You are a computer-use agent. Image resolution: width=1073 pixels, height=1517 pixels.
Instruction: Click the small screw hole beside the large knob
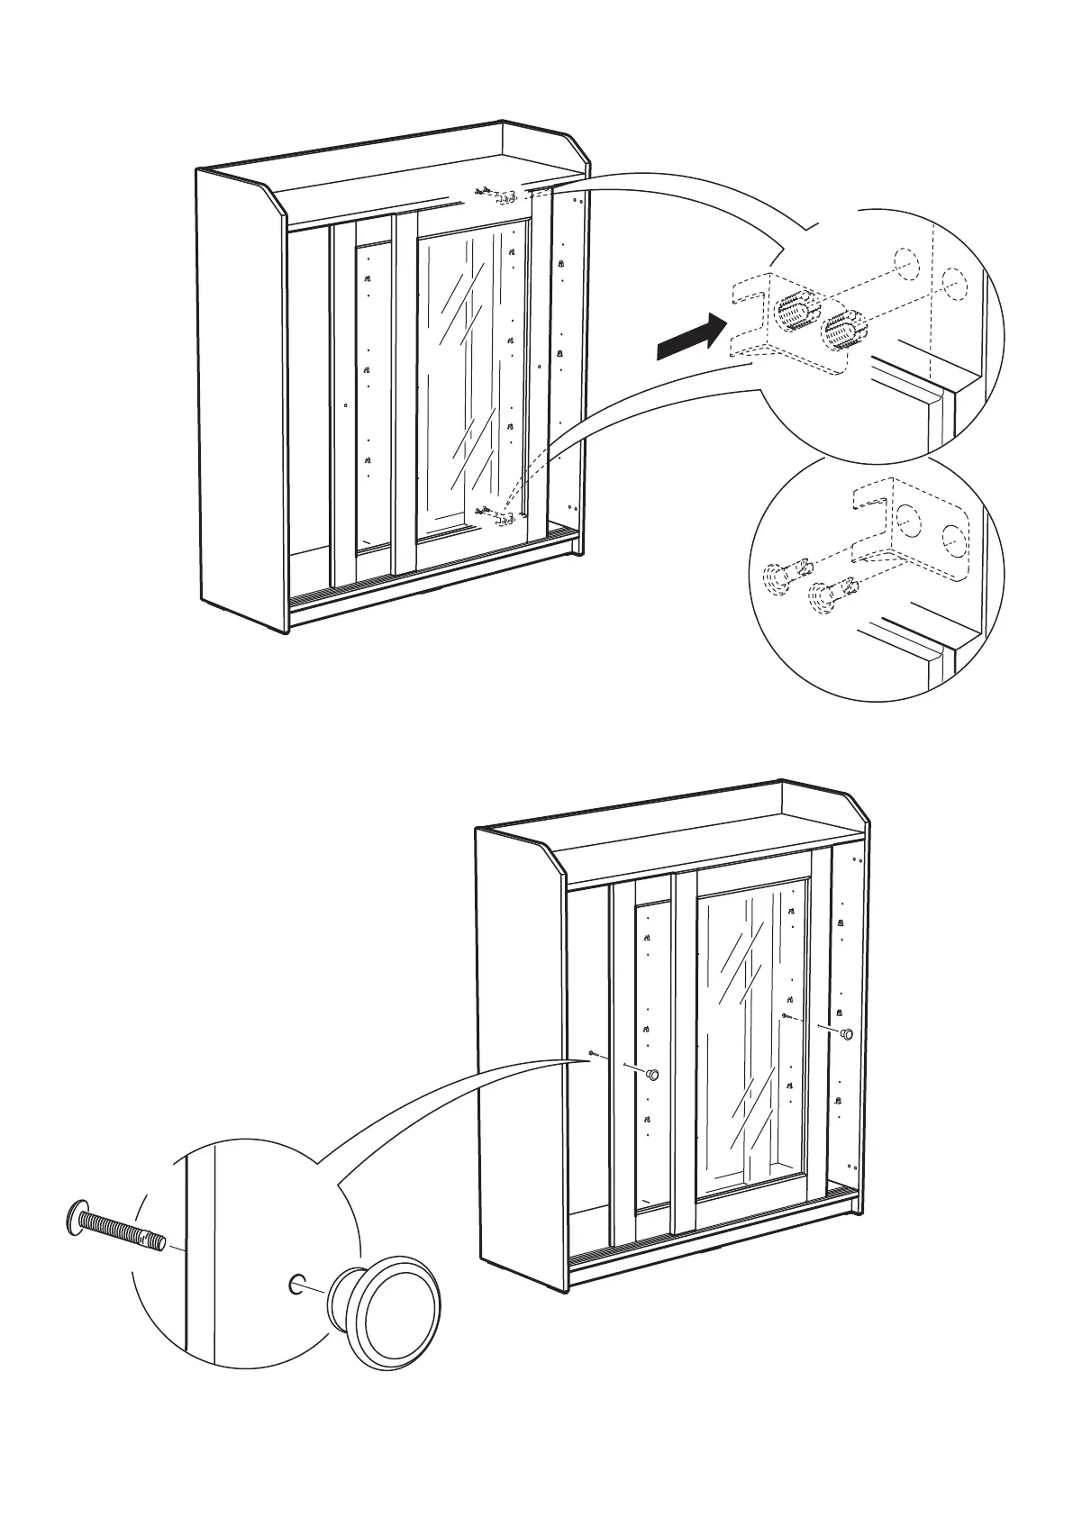[296, 1284]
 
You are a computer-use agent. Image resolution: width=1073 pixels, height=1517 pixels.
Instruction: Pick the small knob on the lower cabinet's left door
[653, 1074]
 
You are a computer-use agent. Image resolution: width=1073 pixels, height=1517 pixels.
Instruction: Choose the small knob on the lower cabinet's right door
[846, 1034]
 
